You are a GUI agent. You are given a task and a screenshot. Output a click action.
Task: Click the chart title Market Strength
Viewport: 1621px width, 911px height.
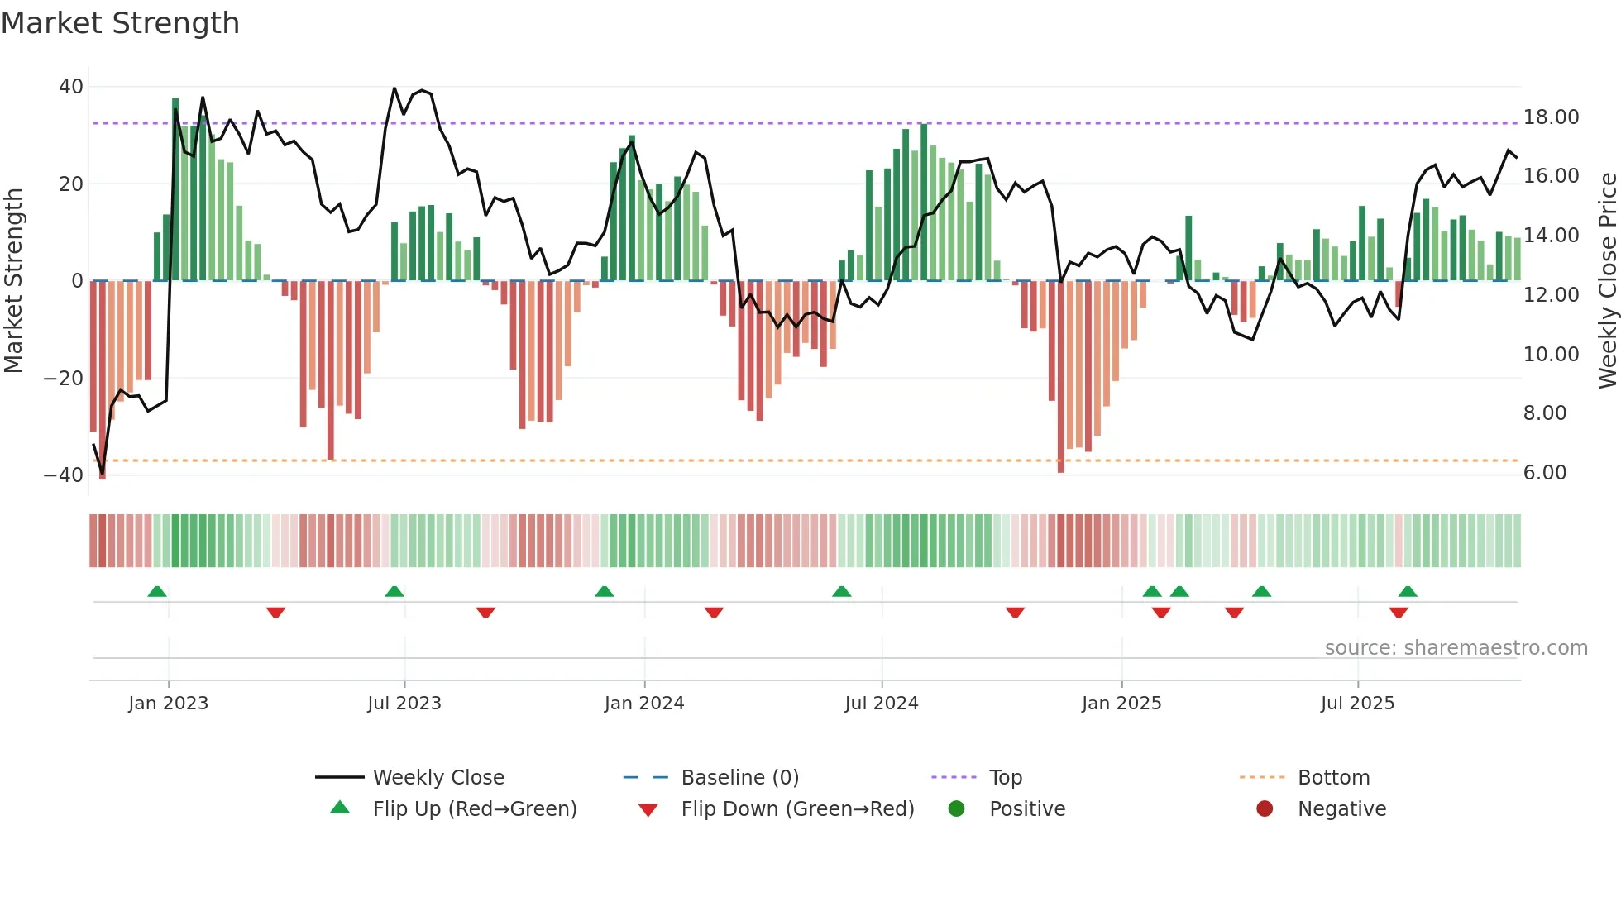120,23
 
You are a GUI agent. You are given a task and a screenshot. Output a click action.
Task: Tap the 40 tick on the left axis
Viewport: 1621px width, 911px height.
71,87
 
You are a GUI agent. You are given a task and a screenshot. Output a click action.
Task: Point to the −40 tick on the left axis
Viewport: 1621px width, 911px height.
64,475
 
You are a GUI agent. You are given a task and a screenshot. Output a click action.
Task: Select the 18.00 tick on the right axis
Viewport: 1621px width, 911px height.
1551,117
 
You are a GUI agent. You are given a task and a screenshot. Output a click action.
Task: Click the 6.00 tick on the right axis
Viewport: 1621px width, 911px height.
1545,473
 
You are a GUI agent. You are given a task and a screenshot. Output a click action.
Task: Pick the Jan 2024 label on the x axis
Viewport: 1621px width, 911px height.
643,704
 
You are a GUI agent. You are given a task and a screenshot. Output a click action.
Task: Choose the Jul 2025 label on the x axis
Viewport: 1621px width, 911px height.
1356,704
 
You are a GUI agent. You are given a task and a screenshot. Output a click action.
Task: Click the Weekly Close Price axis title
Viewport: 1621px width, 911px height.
1607,281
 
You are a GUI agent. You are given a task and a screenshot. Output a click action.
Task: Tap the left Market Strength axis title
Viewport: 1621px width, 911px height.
13,281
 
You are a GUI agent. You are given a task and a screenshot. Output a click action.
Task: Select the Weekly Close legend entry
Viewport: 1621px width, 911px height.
438,778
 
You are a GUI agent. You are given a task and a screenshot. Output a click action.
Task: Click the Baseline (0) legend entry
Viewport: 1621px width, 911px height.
739,778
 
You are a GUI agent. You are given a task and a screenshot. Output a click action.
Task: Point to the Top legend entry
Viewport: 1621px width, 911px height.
1005,778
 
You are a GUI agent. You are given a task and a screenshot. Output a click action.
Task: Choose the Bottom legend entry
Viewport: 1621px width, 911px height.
1333,778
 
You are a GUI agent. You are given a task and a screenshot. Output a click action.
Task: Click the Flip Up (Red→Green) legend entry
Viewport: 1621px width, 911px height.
474,809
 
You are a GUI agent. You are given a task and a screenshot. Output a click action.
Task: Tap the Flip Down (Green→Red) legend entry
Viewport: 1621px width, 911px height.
797,809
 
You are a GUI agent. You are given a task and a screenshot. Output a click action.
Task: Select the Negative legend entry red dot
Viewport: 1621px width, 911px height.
1264,809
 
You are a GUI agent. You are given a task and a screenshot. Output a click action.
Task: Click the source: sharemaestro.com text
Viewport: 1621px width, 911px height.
1456,648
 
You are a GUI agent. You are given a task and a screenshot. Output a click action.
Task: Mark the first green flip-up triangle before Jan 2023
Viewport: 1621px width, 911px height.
157,591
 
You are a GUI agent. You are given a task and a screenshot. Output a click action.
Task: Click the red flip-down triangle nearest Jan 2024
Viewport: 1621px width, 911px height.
714,613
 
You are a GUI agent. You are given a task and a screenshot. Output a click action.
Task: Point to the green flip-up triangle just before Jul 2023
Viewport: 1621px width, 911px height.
394,591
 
